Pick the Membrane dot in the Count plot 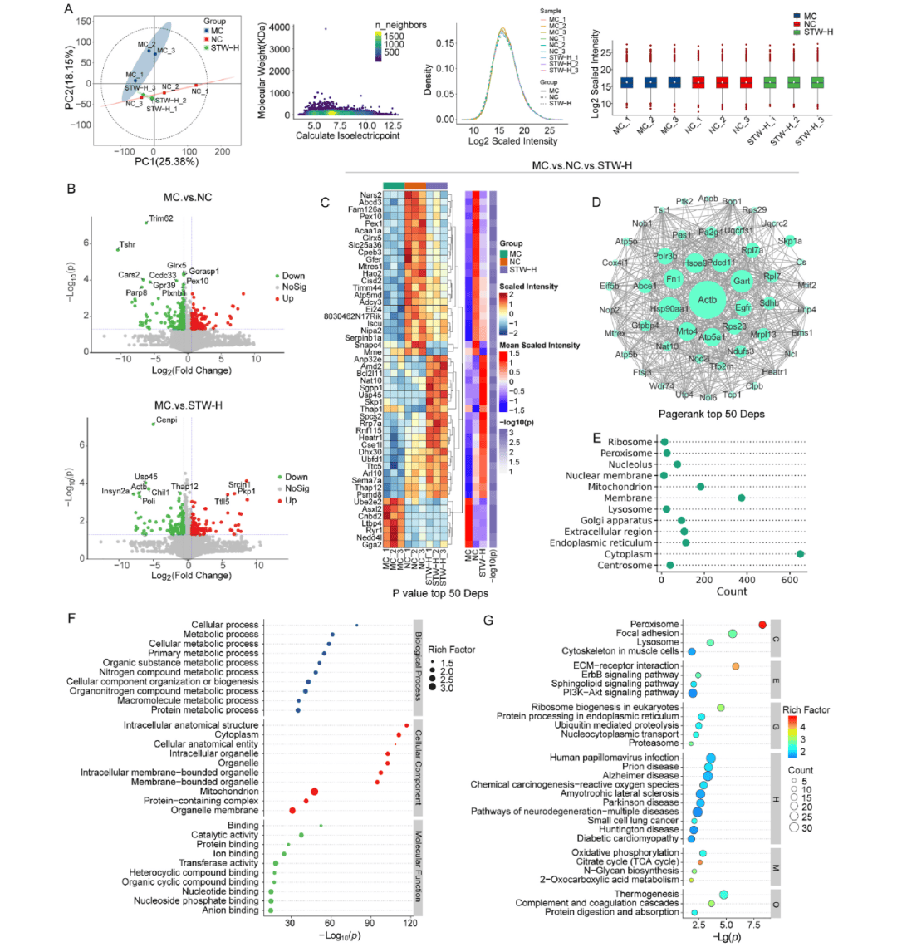click(742, 498)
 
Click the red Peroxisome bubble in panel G click(762, 625)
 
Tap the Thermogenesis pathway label click(640, 894)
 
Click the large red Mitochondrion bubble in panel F click(315, 792)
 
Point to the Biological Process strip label click(418, 665)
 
